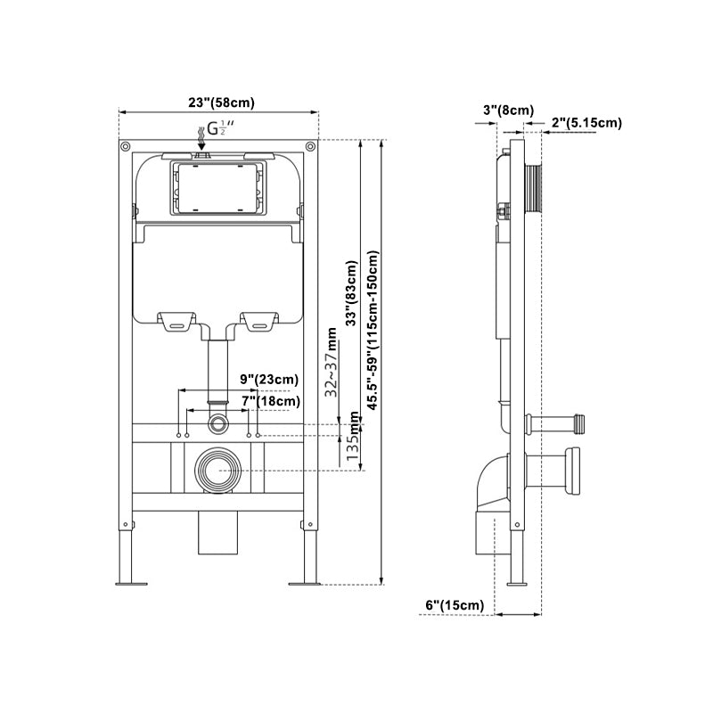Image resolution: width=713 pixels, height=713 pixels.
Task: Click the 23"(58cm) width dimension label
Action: point(218,102)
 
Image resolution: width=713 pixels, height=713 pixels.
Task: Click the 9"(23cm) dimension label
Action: point(268,380)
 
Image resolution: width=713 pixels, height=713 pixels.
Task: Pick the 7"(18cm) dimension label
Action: point(271,402)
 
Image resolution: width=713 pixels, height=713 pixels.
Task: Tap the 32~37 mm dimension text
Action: point(332,362)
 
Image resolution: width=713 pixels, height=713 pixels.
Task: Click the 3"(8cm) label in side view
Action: point(508,110)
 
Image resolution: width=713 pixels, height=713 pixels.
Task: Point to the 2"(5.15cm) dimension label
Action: point(586,122)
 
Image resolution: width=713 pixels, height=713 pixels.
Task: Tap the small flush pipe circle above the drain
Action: point(217,419)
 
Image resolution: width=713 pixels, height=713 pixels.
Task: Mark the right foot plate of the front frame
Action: point(303,584)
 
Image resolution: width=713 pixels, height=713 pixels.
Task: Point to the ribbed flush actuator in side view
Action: point(535,187)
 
